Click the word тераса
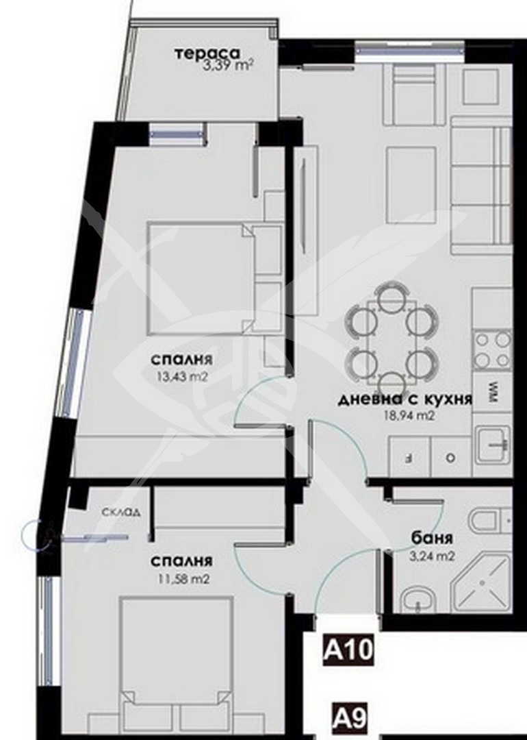(207, 54)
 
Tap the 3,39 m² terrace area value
(225, 65)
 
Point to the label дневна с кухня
(405, 399)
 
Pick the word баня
(432, 538)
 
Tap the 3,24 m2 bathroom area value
(433, 556)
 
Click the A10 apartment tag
(348, 650)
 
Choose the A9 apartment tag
(349, 719)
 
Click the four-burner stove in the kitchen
(492, 349)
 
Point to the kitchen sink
(493, 444)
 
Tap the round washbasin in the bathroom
(416, 600)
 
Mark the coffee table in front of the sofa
(411, 185)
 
